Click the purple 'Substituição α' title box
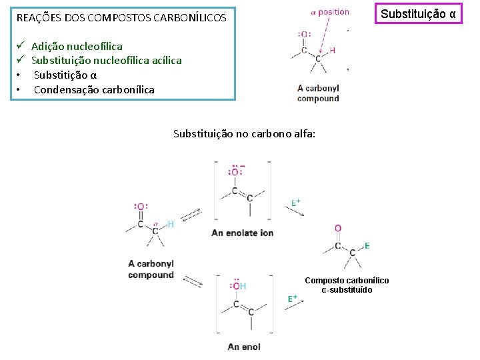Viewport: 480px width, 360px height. pyautogui.click(x=419, y=13)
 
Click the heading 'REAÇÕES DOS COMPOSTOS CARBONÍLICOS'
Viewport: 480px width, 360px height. pyautogui.click(x=121, y=17)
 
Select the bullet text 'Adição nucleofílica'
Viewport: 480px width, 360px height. pyautogui.click(x=77, y=46)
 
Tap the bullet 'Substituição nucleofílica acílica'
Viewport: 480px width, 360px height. pyautogui.click(x=106, y=60)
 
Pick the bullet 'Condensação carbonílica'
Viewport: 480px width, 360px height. pyautogui.click(x=94, y=89)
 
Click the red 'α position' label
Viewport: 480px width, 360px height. pyautogui.click(x=330, y=12)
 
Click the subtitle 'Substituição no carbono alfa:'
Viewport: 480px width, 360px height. pyautogui.click(x=244, y=133)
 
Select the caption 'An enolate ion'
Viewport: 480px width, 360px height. pyautogui.click(x=242, y=233)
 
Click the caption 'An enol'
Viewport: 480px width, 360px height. pyautogui.click(x=244, y=347)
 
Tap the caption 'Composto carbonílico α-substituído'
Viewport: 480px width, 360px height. pyautogui.click(x=347, y=285)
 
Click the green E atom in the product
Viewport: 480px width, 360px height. pyautogui.click(x=367, y=246)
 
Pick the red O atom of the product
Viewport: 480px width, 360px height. pyautogui.click(x=338, y=229)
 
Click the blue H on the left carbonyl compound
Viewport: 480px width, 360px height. pyautogui.click(x=171, y=224)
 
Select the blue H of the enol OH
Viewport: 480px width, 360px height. pyautogui.click(x=243, y=285)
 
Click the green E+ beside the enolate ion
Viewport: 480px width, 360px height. pyautogui.click(x=296, y=202)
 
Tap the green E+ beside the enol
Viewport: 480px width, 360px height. pyautogui.click(x=292, y=299)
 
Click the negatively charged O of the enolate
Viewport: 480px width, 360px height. pyautogui.click(x=235, y=172)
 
